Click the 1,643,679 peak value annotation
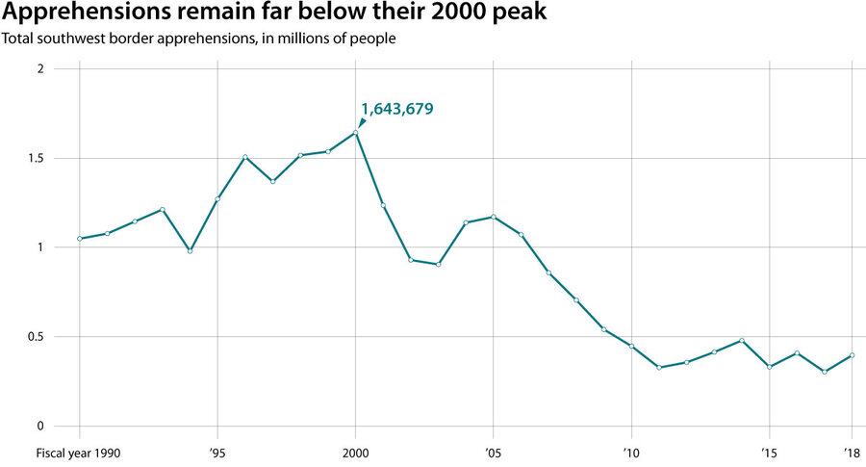pos(396,109)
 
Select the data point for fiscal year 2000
pos(356,133)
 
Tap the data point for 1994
pos(191,250)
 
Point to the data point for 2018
pos(853,355)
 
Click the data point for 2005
pos(494,217)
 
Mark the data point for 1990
pos(80,239)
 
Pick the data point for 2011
pos(659,368)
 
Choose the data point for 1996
pos(245,157)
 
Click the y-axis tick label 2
pos(40,69)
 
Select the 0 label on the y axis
pos(40,427)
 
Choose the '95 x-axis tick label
pos(217,452)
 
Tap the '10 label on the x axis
pos(631,452)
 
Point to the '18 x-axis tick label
pos(852,452)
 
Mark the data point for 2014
pos(742,340)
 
